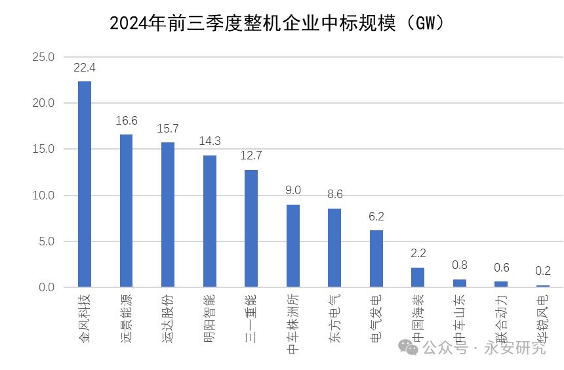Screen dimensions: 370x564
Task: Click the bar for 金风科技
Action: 85,184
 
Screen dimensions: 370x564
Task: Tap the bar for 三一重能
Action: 251,228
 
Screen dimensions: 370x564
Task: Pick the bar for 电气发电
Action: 376,258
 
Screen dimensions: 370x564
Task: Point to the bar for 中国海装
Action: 418,277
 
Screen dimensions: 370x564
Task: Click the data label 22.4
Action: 85,68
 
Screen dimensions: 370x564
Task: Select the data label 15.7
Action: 168,129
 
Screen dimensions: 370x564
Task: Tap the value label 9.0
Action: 293,190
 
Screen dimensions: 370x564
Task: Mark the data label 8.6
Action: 334,194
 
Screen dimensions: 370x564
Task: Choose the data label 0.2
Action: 542,270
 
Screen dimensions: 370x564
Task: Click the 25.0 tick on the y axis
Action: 43,57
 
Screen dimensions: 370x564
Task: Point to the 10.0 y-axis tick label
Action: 43,195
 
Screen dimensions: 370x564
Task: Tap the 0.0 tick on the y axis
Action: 47,287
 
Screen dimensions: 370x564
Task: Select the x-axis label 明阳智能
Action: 210,314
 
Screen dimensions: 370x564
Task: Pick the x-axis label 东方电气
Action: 334,314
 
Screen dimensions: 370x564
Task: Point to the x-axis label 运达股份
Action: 168,314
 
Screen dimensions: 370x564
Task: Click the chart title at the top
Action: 278,24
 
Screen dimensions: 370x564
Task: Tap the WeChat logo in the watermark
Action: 411,348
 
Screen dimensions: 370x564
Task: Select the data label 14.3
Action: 210,141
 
